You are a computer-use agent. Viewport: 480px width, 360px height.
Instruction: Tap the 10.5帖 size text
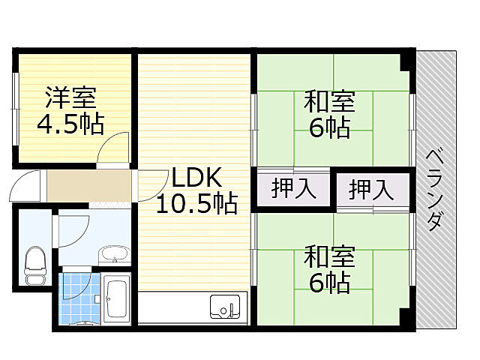(196, 203)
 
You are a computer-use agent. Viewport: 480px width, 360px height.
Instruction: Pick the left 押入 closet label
(292, 188)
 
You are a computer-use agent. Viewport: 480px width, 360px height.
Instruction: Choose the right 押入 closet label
(371, 188)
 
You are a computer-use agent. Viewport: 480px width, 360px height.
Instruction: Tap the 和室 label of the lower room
(329, 256)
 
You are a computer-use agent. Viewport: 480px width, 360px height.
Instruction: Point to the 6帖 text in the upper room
(329, 127)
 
